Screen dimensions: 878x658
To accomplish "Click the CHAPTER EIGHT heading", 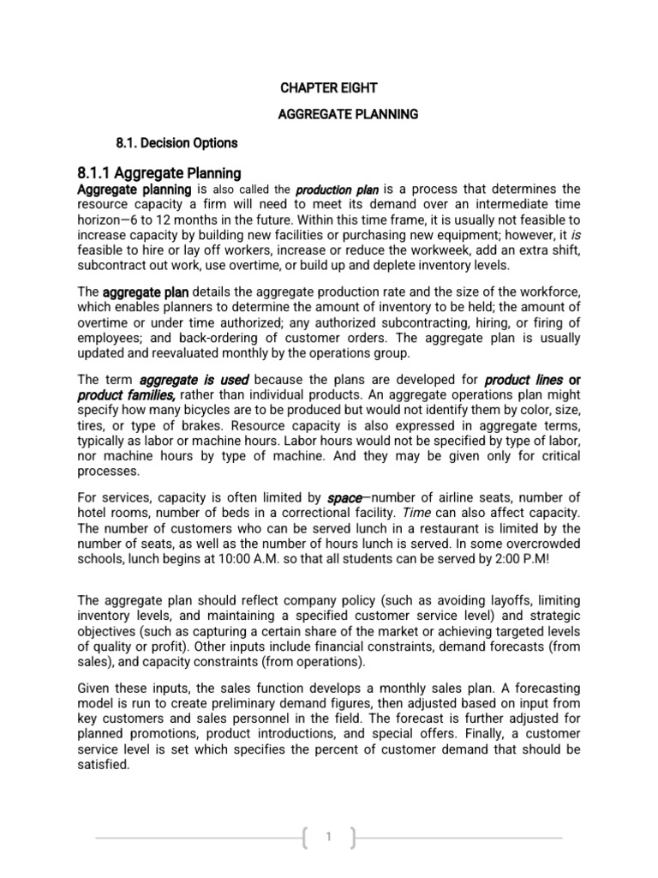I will coord(329,87).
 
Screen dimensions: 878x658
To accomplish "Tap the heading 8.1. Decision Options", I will coord(176,142).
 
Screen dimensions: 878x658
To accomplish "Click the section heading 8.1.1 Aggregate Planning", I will coord(159,172).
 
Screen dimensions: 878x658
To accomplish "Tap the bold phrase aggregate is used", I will coord(194,379).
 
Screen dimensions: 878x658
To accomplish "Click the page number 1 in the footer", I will coord(329,837).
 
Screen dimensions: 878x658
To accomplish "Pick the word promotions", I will coord(166,734).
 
